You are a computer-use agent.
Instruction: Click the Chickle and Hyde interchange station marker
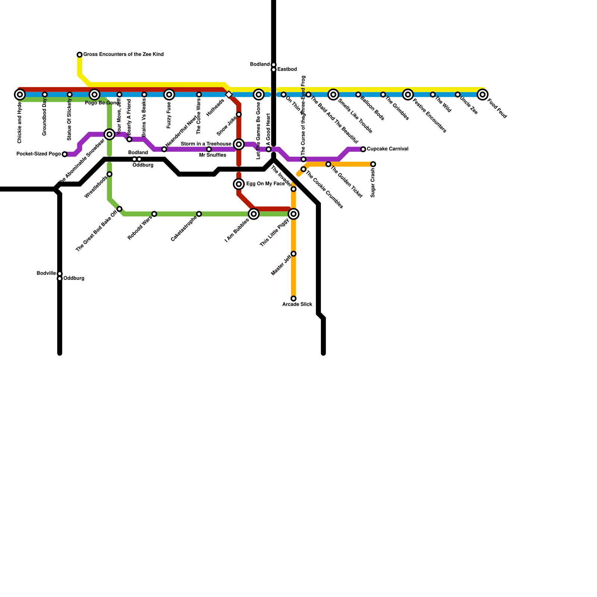(x=20, y=94)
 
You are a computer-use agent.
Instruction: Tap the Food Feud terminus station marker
(x=482, y=94)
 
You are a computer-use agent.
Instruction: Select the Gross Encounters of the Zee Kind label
(x=123, y=54)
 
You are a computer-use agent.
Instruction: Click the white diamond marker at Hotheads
(x=229, y=95)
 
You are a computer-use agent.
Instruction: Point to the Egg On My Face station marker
(x=239, y=184)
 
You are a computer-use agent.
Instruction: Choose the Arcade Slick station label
(x=297, y=304)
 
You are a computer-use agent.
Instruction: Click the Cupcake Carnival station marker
(x=363, y=149)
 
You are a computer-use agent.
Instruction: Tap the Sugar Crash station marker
(x=373, y=164)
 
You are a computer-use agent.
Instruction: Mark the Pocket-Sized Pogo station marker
(x=65, y=154)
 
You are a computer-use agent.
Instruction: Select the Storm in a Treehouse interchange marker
(x=239, y=144)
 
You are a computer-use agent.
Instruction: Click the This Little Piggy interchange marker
(x=294, y=214)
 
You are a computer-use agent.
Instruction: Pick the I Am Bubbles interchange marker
(x=254, y=214)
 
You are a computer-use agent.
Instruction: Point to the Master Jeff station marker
(x=294, y=254)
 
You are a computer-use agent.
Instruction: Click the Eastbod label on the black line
(x=287, y=69)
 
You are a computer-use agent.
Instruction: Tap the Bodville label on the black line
(x=46, y=274)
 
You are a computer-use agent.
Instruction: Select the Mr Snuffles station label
(x=212, y=155)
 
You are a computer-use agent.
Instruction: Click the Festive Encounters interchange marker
(x=408, y=94)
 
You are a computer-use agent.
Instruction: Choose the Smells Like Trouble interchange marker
(x=333, y=94)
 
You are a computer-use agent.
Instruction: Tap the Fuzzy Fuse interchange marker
(x=169, y=94)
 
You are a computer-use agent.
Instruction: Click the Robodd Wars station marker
(x=154, y=214)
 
